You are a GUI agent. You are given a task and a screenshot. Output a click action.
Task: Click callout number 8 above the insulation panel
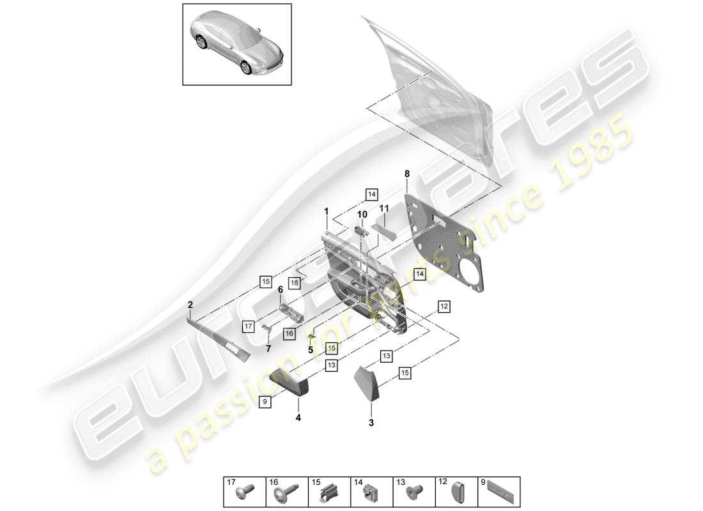406,173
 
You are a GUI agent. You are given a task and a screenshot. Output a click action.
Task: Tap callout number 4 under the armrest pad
298,419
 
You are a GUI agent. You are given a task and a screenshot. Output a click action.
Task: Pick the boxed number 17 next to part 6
249,326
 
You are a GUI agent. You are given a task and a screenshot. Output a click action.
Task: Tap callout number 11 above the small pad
384,208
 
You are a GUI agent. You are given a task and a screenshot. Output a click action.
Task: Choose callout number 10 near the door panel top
362,214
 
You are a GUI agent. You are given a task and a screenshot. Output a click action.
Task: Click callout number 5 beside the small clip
310,349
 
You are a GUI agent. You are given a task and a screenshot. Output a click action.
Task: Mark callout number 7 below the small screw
268,349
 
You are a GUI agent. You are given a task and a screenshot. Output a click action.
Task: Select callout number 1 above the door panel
326,211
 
